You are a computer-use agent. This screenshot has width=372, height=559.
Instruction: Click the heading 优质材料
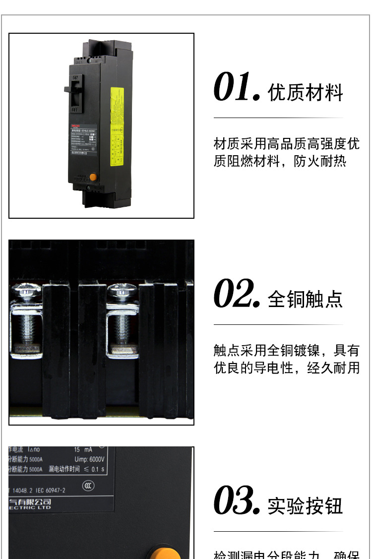coord(306,93)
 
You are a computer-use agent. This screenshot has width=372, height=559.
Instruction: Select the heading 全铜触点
coord(306,299)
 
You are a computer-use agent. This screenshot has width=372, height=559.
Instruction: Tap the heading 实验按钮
coord(306,506)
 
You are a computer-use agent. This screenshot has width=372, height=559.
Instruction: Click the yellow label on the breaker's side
coord(117,128)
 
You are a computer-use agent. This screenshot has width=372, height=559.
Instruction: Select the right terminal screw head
coord(122,292)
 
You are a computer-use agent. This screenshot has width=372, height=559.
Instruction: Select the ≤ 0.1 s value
coord(94,469)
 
